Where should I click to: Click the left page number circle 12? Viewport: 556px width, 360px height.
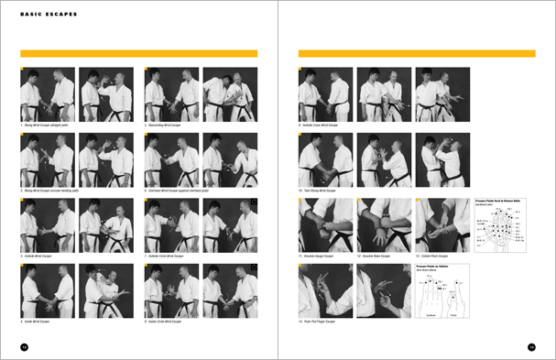tap(24, 346)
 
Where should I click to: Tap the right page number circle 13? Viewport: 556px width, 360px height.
tap(531, 346)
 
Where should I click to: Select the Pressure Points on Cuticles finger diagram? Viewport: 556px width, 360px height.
tap(442, 292)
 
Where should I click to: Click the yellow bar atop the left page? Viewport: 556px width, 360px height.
tap(138, 54)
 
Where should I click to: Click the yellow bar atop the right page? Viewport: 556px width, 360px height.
tap(416, 54)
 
